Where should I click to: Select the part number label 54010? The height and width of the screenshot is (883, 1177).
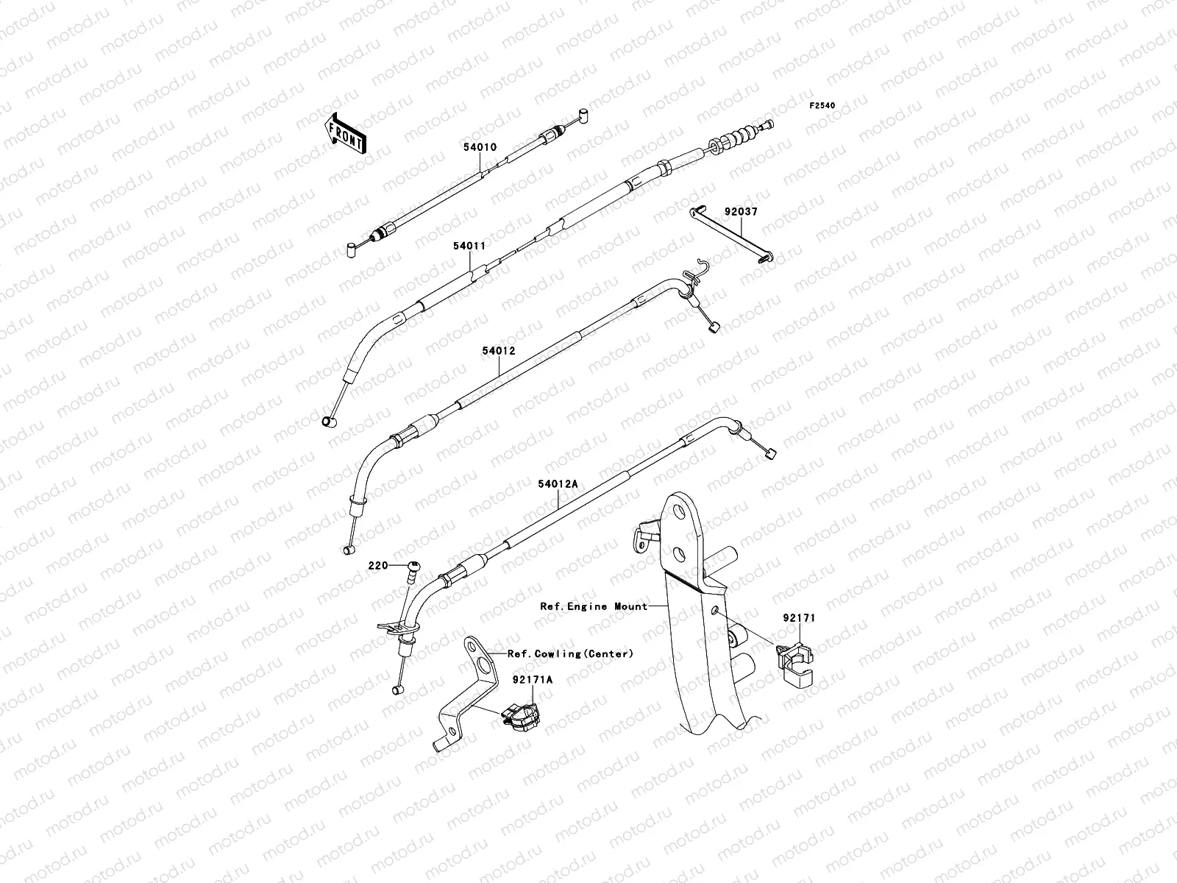[480, 147]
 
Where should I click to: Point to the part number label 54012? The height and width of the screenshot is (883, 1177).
[499, 351]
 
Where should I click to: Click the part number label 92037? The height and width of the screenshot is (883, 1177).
[740, 212]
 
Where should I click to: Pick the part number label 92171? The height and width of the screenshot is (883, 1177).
[798, 619]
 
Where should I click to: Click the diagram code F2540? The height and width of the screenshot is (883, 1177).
[823, 106]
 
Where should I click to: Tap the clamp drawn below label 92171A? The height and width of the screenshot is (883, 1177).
[518, 715]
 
